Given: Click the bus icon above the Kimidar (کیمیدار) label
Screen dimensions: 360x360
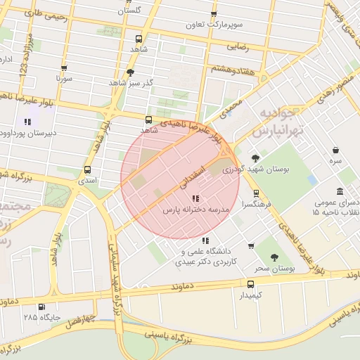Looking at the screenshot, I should (x=250, y=284).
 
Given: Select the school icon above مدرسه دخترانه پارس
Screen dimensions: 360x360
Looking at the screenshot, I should (x=195, y=199).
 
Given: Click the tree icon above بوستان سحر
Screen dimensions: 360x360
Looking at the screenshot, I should (x=274, y=257).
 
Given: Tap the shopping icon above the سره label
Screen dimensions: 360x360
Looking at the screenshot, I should (x=335, y=150).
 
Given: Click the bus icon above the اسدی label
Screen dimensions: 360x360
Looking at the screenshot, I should (x=87, y=169).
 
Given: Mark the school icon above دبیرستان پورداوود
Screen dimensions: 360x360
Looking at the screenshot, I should (x=27, y=121).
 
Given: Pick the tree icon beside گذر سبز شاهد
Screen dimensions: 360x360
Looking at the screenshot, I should (x=130, y=72).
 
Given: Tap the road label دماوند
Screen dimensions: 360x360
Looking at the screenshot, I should (x=184, y=288).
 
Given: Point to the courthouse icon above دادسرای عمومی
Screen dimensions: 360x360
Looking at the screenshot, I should (x=340, y=192).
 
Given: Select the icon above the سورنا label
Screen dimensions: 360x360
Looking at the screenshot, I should (x=65, y=69).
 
